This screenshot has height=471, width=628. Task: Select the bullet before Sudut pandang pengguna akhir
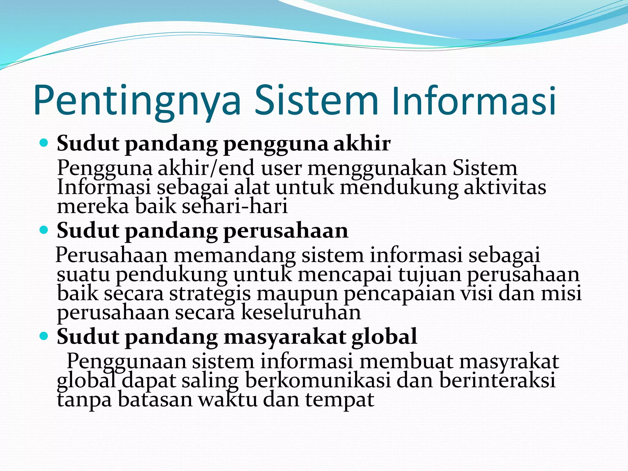pyautogui.click(x=44, y=143)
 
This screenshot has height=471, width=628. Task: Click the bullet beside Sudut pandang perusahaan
pyautogui.click(x=44, y=230)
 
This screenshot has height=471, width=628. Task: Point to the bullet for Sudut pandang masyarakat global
pyautogui.click(x=44, y=336)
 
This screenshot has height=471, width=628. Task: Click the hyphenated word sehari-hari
pyautogui.click(x=235, y=206)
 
